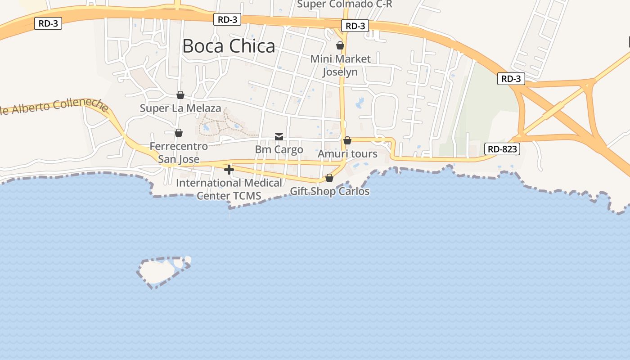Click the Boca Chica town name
pyautogui.click(x=229, y=46)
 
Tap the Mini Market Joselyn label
pyautogui.click(x=340, y=65)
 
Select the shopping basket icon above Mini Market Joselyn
pyautogui.click(x=340, y=45)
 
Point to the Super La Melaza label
pyautogui.click(x=180, y=108)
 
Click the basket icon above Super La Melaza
pyautogui.click(x=180, y=95)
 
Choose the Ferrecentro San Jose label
pyautogui.click(x=179, y=153)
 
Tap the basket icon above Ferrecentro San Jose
pyautogui.click(x=179, y=133)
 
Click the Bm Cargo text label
pyautogui.click(x=279, y=149)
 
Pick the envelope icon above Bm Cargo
pyautogui.click(x=279, y=137)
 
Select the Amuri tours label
pyautogui.click(x=347, y=154)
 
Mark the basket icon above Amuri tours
pyautogui.click(x=347, y=140)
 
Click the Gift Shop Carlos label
pyautogui.click(x=329, y=191)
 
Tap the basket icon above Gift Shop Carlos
pyautogui.click(x=329, y=178)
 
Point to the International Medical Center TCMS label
pyautogui.click(x=229, y=189)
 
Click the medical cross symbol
pyautogui.click(x=229, y=170)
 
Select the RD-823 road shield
pyautogui.click(x=502, y=149)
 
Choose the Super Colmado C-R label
pyautogui.click(x=345, y=4)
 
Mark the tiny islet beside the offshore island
pyautogui.click(x=187, y=260)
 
